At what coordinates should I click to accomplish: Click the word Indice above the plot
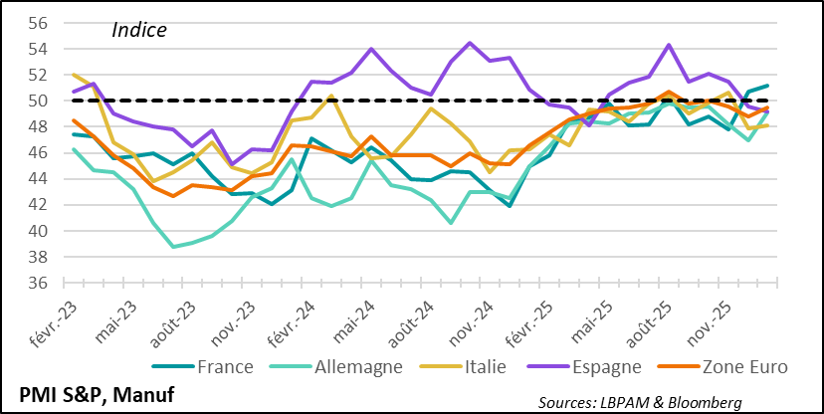138,30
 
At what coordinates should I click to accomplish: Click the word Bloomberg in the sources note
706,401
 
